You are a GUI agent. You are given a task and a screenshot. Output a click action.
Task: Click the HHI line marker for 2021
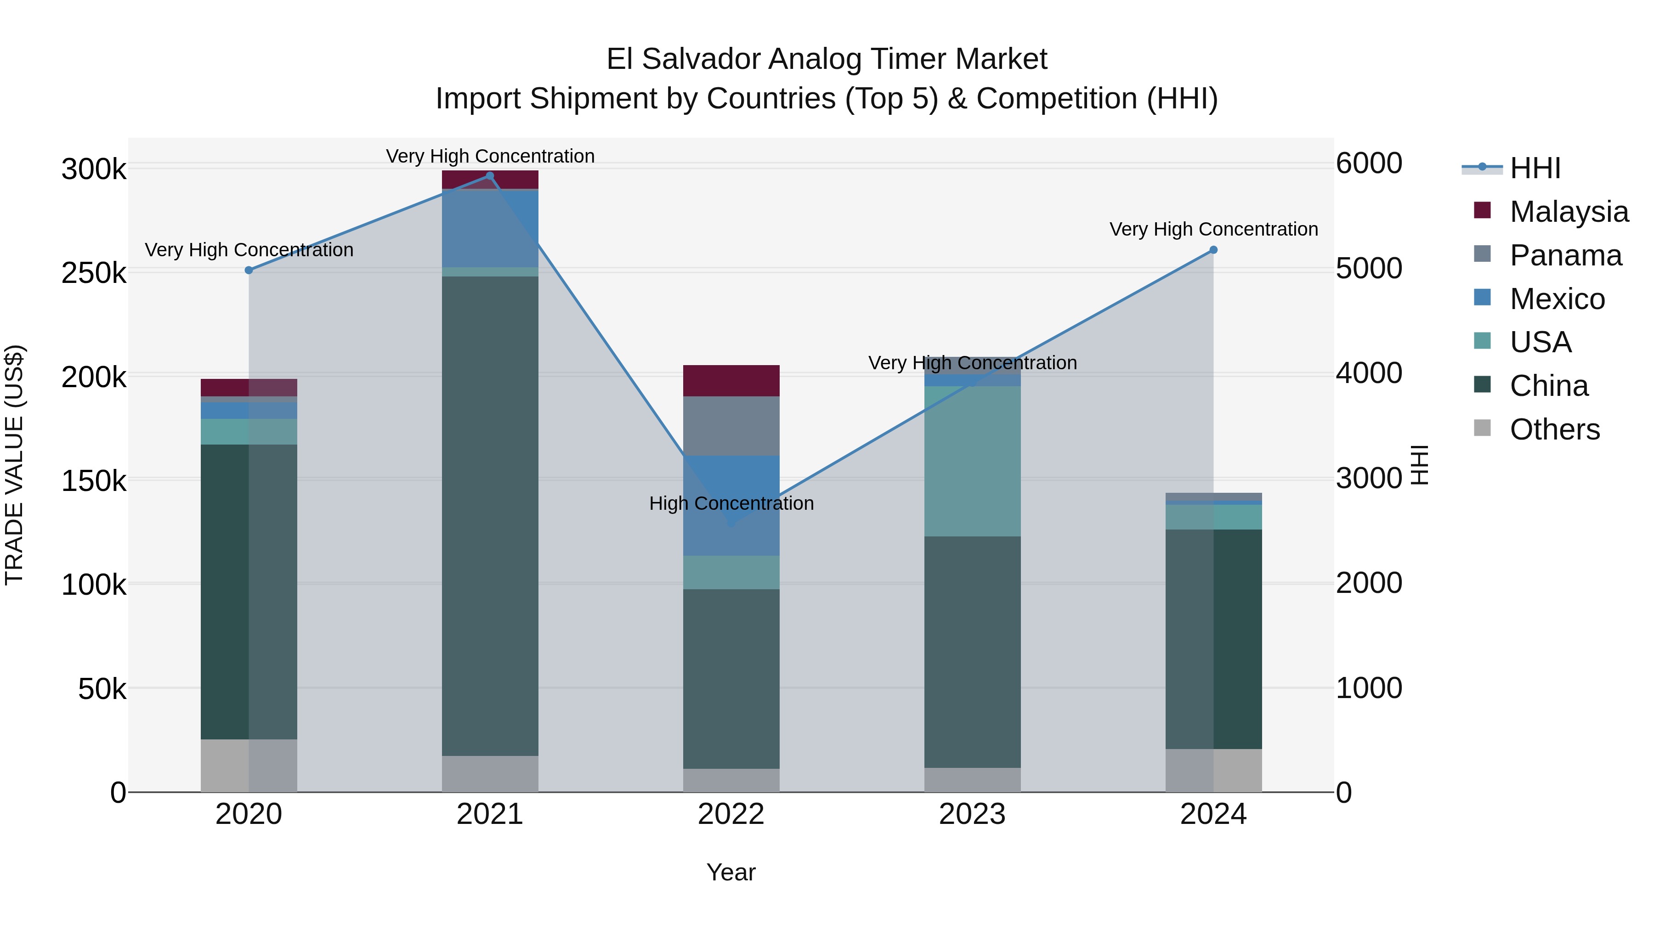click(490, 176)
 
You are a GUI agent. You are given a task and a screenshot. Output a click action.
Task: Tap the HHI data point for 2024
click(1213, 250)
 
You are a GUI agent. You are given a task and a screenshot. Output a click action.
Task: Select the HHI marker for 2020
click(249, 270)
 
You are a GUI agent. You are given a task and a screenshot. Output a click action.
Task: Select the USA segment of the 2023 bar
click(972, 461)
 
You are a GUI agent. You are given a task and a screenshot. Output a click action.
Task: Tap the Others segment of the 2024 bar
click(1213, 770)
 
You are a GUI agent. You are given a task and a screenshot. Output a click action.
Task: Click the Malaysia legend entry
click(1569, 212)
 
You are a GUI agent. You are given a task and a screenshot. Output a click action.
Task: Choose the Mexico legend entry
click(1557, 299)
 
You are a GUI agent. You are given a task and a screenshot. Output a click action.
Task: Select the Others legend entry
click(1554, 429)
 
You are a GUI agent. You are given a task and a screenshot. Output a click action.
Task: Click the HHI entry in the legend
click(1535, 168)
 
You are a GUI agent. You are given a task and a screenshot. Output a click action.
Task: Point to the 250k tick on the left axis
click(94, 273)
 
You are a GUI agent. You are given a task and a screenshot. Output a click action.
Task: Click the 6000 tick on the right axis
click(1369, 163)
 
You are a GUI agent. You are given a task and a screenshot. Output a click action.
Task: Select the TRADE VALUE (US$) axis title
click(14, 465)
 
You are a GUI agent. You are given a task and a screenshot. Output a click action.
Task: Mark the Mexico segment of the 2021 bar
click(490, 229)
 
